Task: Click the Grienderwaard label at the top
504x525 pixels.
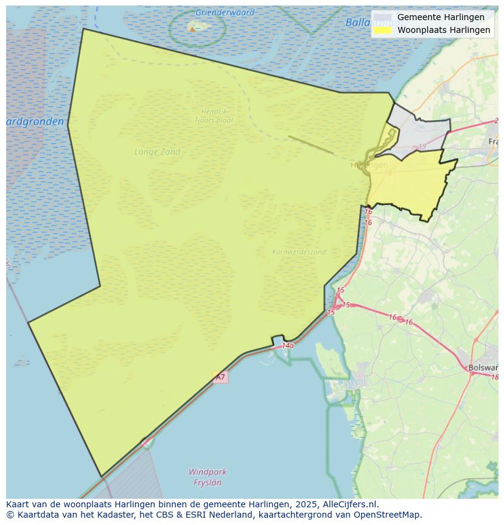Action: [225, 12]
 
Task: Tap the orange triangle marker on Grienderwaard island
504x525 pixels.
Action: [192, 28]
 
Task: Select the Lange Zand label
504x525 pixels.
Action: [157, 152]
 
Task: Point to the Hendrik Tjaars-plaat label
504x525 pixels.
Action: [214, 116]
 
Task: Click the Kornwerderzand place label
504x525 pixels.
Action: [299, 251]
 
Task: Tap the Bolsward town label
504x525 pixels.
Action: [483, 368]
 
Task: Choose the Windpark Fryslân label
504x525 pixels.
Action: [207, 477]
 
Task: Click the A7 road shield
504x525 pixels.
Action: [220, 377]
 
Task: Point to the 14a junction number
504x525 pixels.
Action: [288, 346]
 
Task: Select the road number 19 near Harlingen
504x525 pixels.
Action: [422, 147]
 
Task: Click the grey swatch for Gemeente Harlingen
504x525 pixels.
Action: [383, 17]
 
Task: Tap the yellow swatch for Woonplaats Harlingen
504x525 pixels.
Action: [383, 30]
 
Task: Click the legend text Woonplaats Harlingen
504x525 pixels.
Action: [444, 30]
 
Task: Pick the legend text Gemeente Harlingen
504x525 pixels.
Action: [441, 17]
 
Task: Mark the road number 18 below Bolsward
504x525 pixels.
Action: [494, 377]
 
